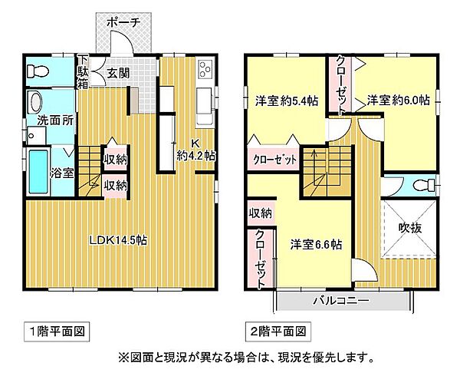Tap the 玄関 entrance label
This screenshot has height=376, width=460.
117,74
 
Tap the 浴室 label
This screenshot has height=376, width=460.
62,173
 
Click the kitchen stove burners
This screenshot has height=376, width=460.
205,70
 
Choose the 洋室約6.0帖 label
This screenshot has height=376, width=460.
397,100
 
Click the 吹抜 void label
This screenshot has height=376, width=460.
410,229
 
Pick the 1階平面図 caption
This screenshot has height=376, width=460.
61,332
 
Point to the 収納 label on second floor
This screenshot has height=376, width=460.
260,213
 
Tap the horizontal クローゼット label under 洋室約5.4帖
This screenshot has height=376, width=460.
274,160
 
